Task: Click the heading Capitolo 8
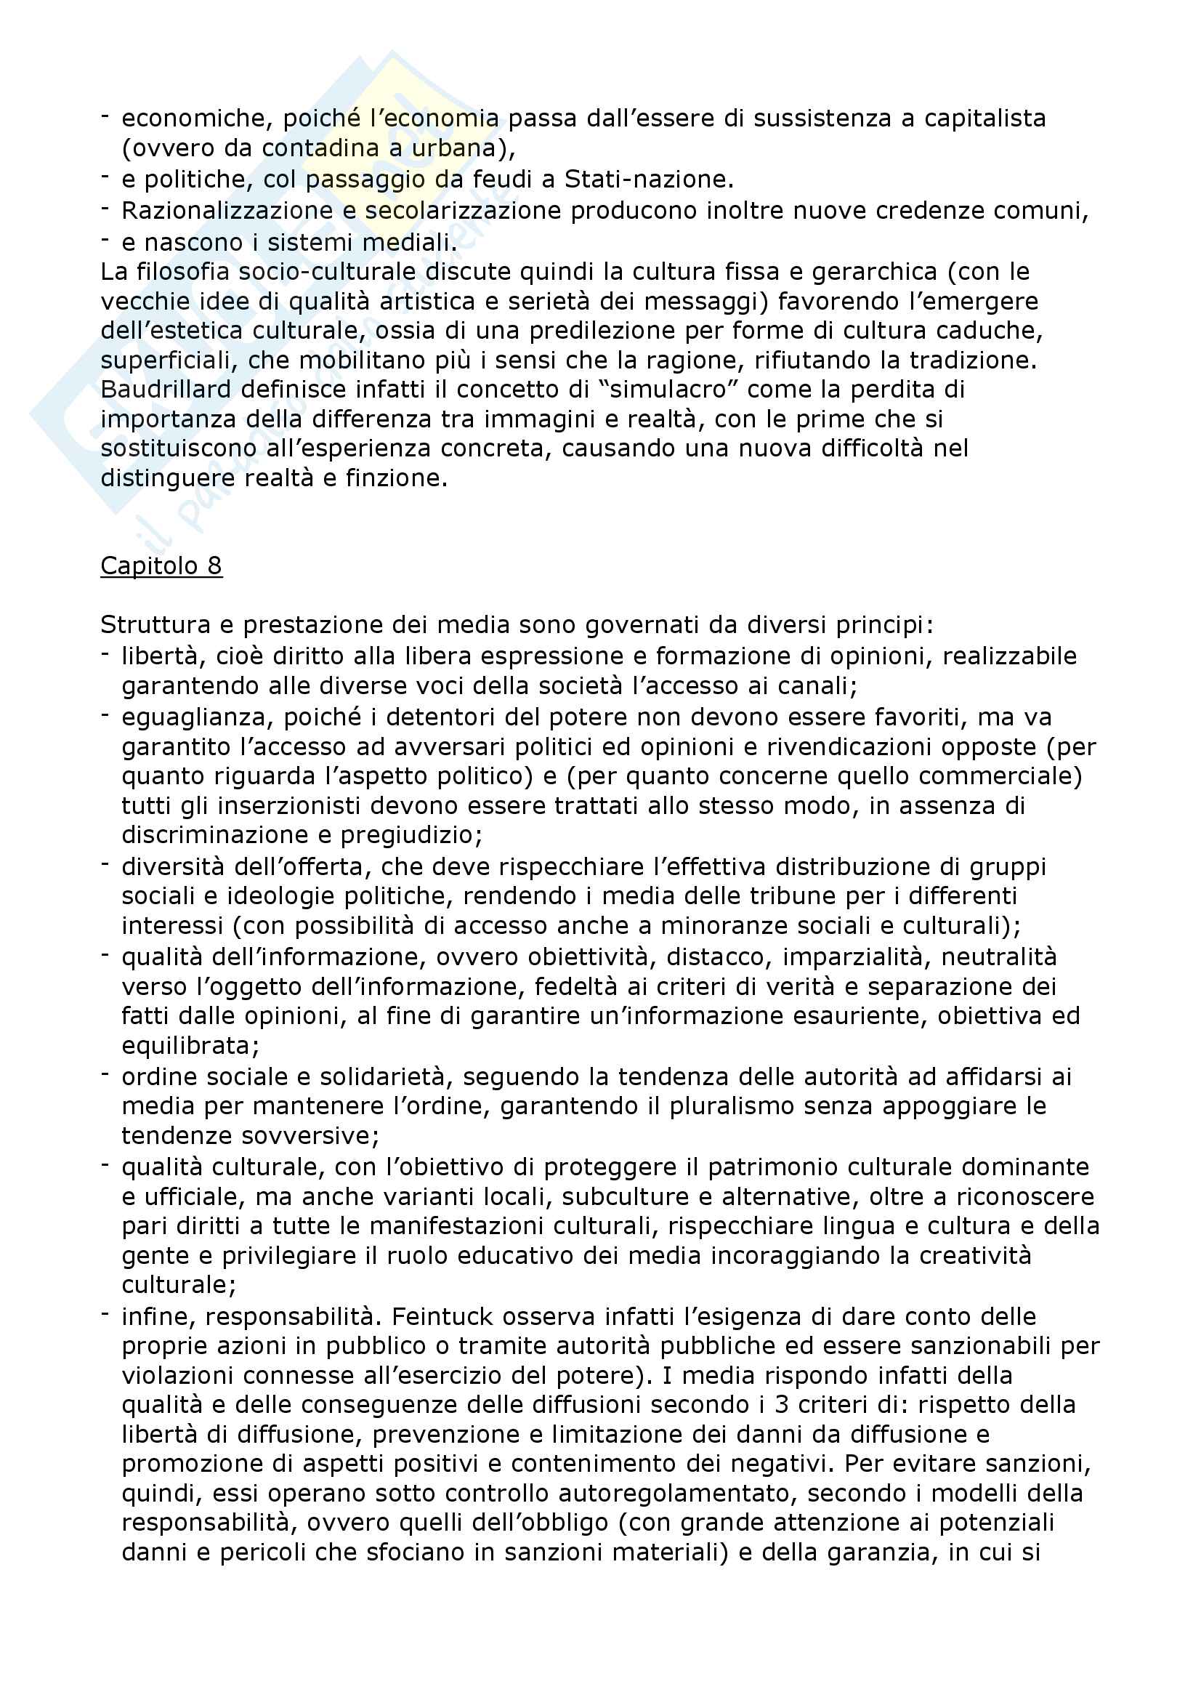pyautogui.click(x=161, y=565)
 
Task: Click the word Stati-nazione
pyautogui.click(x=648, y=180)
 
